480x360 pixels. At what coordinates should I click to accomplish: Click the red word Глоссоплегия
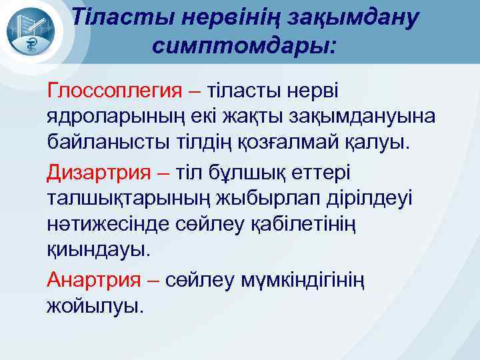point(113,89)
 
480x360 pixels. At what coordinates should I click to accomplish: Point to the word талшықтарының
point(123,199)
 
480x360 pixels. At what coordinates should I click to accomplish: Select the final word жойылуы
point(94,307)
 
